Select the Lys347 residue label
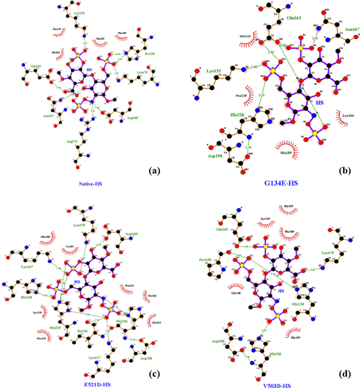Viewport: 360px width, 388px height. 27,267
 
